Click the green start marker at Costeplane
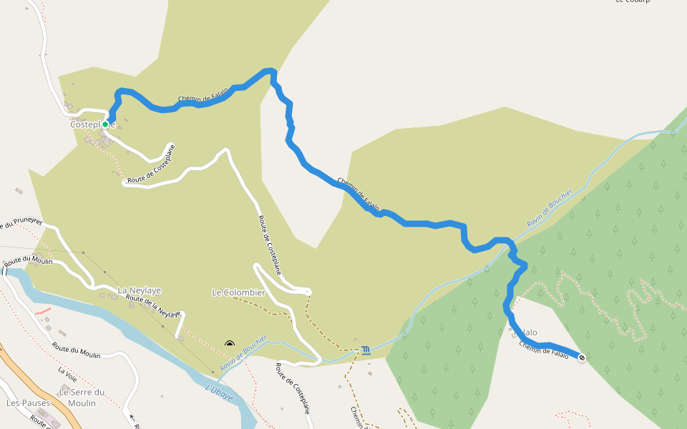(105, 124)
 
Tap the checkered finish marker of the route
(581, 357)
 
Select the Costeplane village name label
(92, 124)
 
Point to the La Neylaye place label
(139, 290)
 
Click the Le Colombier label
(238, 292)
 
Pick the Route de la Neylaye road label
(152, 305)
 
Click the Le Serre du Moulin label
(82, 397)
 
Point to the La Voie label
(67, 372)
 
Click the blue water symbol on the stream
(366, 350)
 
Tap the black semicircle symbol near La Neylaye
(230, 344)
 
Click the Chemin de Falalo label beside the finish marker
(544, 350)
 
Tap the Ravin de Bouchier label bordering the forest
(550, 208)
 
